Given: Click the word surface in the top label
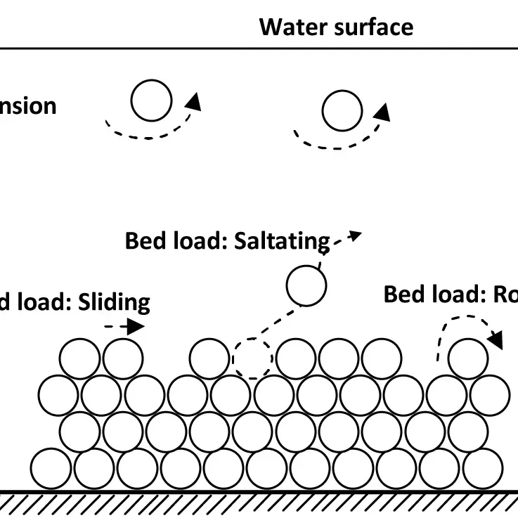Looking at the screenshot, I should coord(374,27).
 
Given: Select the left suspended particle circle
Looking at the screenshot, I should coord(151,101).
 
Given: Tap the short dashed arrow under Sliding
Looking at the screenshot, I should coord(125,326).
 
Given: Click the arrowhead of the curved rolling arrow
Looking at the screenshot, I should coord(496,341).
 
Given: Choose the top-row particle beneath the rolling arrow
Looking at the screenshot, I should coord(468,358).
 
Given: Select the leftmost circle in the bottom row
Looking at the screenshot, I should coord(51,468).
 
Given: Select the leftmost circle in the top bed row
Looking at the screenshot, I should coord(79,358).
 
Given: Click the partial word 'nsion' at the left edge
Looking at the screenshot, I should coord(28,106).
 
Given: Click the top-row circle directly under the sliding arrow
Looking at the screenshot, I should coord(123,358).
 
